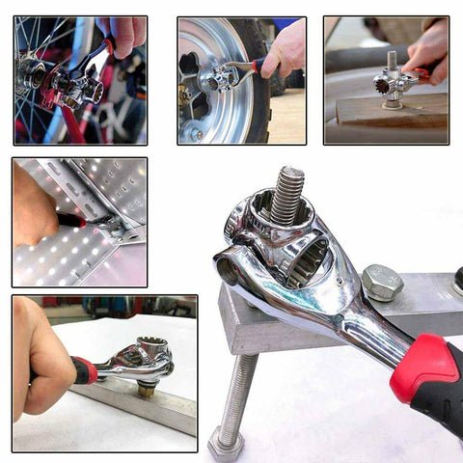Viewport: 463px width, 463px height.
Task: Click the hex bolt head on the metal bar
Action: point(382,283)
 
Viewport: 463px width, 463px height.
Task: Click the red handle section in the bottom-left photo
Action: point(83,368)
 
